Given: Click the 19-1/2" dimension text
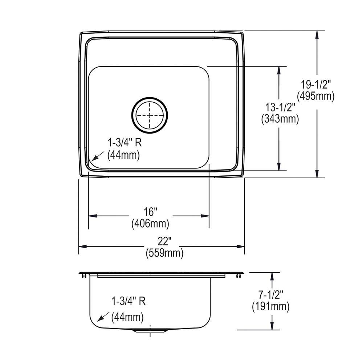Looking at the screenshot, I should coord(315,85).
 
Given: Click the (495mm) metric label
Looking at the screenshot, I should coord(315,96).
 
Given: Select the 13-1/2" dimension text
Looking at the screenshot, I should coord(280,107).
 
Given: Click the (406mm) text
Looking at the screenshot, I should coord(150,224).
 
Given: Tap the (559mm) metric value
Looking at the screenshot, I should coord(164,253).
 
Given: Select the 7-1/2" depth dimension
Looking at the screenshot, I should coord(270,295).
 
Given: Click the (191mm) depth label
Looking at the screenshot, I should coord(270,307).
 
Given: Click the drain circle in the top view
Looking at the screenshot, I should coord(150,115).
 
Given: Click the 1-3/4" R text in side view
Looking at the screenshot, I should coord(129,301).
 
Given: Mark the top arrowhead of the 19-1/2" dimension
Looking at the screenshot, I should coord(317,34).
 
